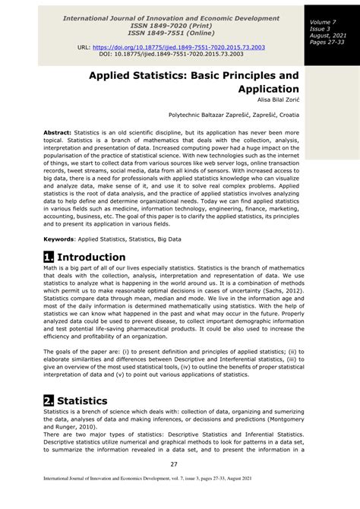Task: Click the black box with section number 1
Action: (49, 257)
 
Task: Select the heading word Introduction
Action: (91, 257)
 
